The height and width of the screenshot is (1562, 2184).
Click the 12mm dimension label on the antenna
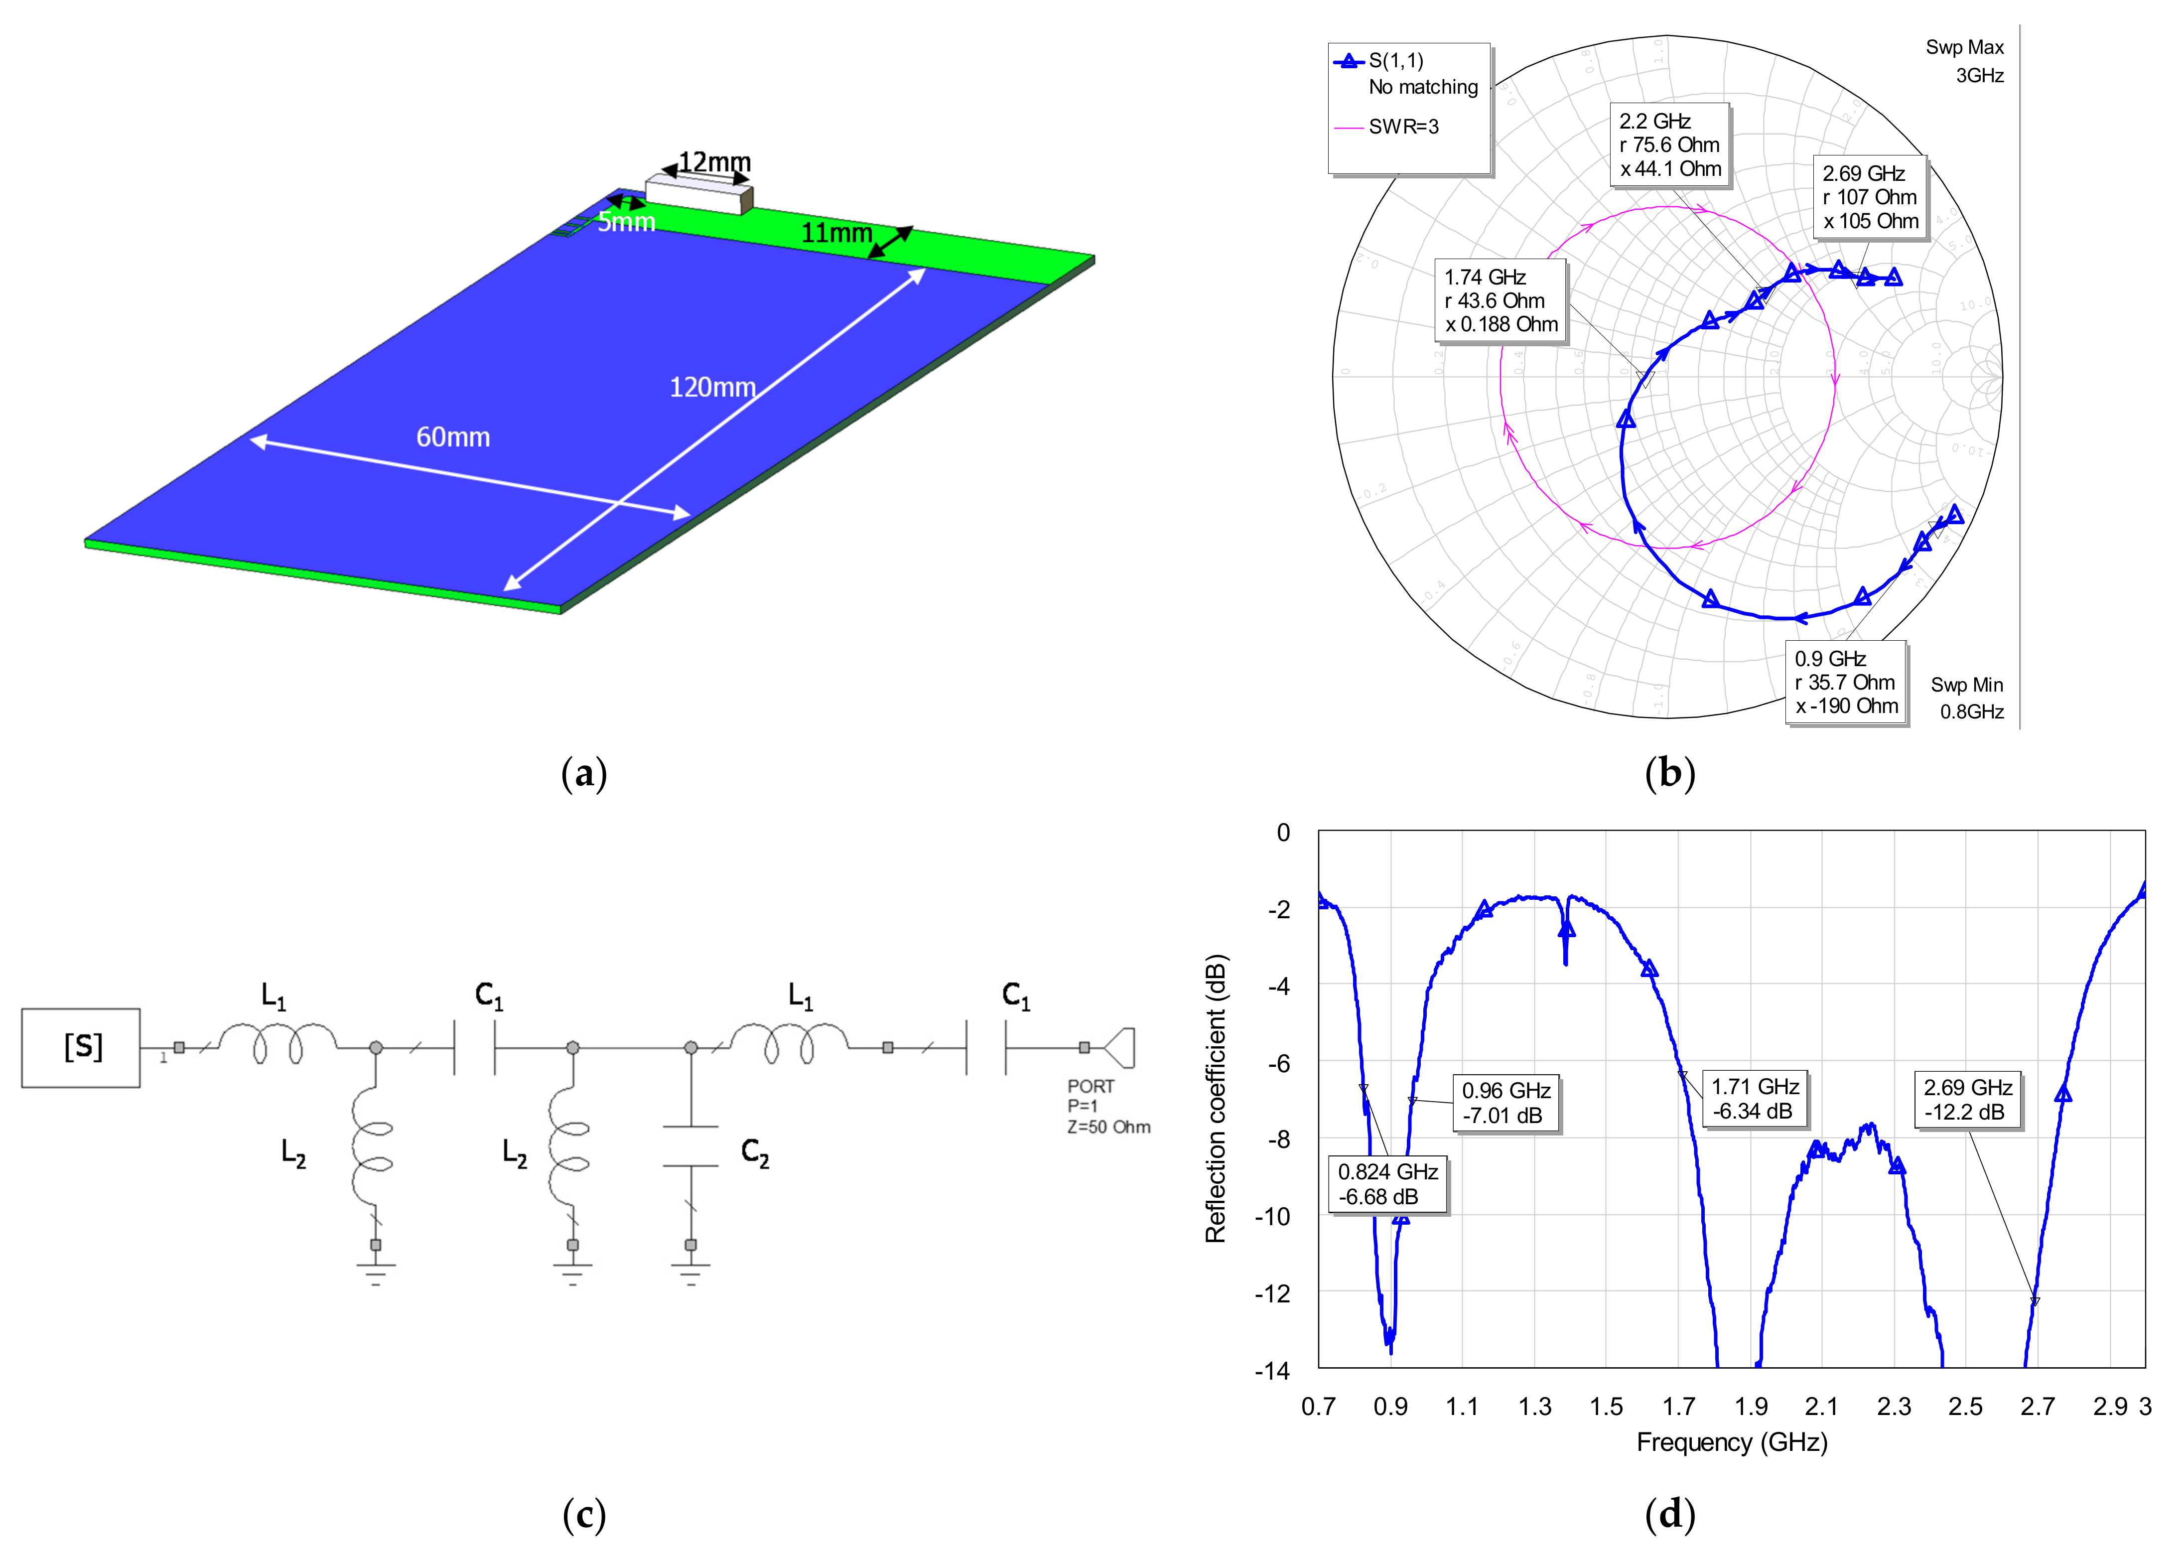[x=714, y=161]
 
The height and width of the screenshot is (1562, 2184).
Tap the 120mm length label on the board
[x=712, y=388]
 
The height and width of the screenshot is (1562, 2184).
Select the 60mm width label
[x=453, y=437]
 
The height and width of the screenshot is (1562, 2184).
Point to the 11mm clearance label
[x=836, y=233]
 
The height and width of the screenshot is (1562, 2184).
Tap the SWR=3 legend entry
[x=1403, y=127]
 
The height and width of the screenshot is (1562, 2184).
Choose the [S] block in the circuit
[x=82, y=1047]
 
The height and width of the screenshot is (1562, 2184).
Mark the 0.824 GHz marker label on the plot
[x=1388, y=1184]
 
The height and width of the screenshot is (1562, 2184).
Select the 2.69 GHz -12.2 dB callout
[x=1968, y=1099]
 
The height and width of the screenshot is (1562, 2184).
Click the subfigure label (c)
[x=584, y=1515]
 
